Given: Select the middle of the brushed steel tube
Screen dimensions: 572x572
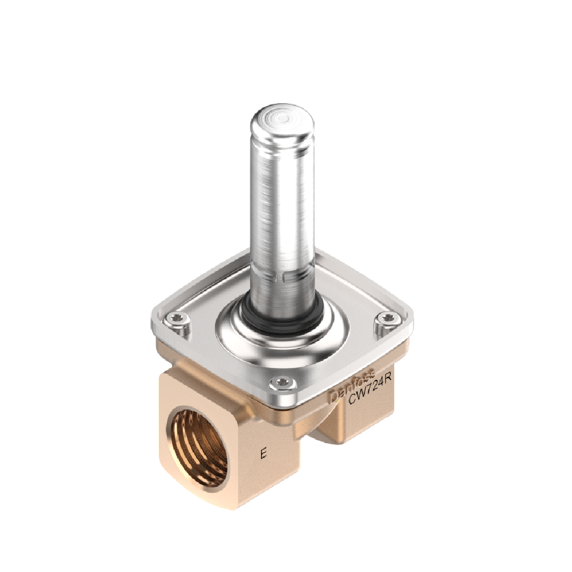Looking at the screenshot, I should tap(282, 212).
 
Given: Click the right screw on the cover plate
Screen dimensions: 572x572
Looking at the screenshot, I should tap(388, 318).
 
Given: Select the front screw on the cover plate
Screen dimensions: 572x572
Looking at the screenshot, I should tap(281, 382).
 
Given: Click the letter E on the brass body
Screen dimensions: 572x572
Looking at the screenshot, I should tap(263, 453).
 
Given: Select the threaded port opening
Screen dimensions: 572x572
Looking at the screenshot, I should tap(200, 448).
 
